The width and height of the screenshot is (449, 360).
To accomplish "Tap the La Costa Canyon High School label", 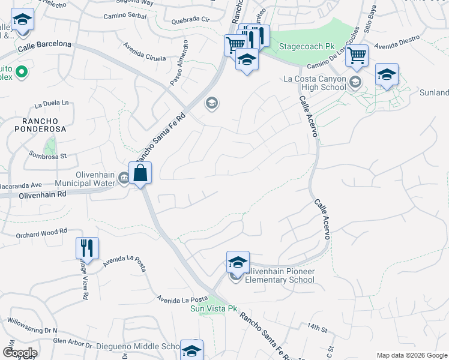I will [315, 83].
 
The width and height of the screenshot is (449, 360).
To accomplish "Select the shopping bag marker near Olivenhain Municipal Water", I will [140, 174].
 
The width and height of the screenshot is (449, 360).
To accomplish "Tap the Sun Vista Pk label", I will [209, 308].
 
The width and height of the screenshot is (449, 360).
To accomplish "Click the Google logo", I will [20, 352].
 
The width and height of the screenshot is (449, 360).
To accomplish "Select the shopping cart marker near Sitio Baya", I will [357, 56].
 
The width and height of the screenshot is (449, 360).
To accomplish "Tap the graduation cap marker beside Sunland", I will [387, 75].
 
